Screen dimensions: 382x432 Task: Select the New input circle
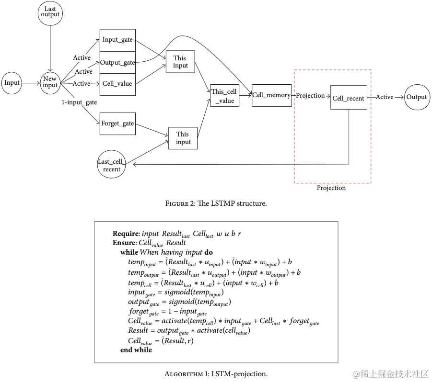click(x=50, y=82)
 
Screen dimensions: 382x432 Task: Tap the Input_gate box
click(x=117, y=40)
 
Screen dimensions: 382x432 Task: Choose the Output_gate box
click(x=117, y=63)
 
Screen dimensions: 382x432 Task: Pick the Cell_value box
click(x=117, y=83)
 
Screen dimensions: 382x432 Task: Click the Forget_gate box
click(x=117, y=124)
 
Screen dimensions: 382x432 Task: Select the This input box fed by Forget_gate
click(x=183, y=138)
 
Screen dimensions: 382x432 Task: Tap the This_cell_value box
click(x=224, y=95)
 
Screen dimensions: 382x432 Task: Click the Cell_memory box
click(x=271, y=95)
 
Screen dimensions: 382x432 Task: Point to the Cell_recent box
click(x=349, y=98)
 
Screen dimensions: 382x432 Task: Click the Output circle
click(x=416, y=97)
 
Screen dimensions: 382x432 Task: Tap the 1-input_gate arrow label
click(x=79, y=102)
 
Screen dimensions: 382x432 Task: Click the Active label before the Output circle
click(x=385, y=97)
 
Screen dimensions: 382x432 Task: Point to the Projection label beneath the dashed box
click(x=331, y=188)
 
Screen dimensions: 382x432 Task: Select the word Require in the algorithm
click(x=127, y=234)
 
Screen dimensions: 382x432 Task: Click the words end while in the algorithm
click(x=136, y=350)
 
